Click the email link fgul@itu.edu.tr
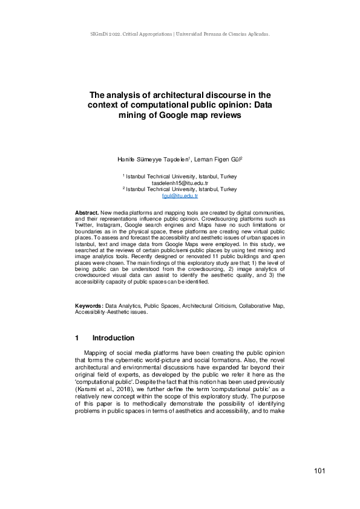point(180,196)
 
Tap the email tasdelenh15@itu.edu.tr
point(180,183)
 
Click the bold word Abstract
point(87,214)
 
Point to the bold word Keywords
point(88,307)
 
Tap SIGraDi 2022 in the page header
point(100,34)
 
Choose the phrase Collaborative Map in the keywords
point(261,307)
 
